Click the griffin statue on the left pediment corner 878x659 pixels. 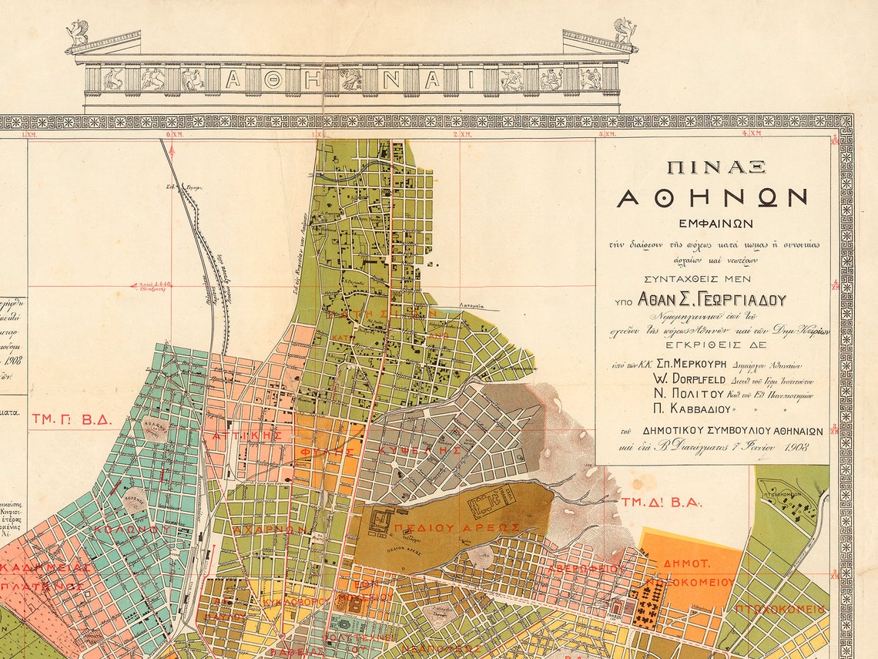coord(78,33)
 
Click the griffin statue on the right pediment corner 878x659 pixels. coord(625,32)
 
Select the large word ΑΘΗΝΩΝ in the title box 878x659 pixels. coord(712,197)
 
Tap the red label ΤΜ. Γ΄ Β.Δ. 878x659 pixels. coord(72,420)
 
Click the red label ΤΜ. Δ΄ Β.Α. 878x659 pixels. coord(662,502)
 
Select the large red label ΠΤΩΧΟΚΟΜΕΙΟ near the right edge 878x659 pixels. coord(779,609)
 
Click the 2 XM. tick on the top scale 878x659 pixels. coord(458,134)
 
